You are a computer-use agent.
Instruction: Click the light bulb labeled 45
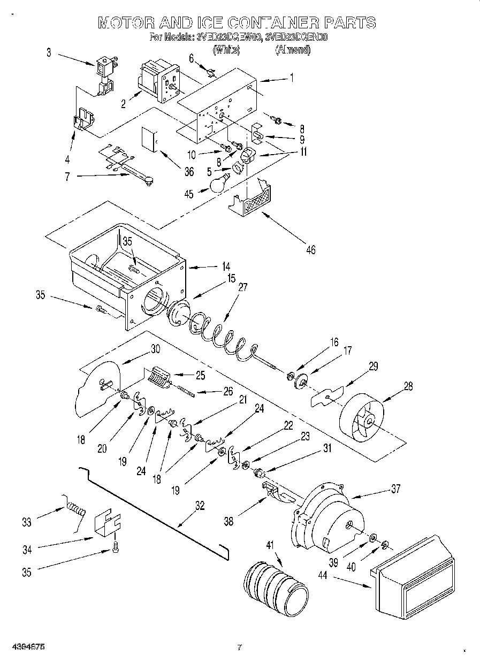(217, 185)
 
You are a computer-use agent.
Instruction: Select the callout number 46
(310, 249)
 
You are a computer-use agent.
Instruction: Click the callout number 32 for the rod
(200, 505)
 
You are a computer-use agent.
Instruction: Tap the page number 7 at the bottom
(240, 647)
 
